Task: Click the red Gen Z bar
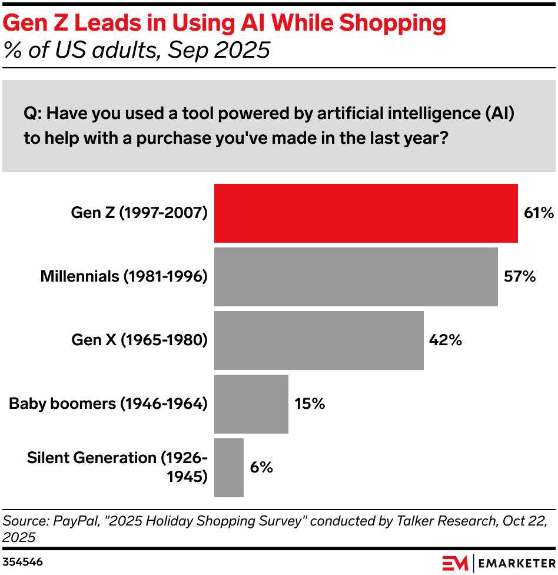pos(366,213)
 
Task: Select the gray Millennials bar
pos(356,277)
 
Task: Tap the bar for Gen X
pos(318,341)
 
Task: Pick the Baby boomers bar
pos(251,404)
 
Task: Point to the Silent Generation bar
pos(228,468)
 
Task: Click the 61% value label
pos(539,213)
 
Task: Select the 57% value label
pos(519,277)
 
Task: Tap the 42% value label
pos(446,341)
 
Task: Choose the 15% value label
pos(310,404)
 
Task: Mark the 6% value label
pos(261,468)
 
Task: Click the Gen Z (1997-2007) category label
pos(139,213)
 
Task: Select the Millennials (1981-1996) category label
pos(124,277)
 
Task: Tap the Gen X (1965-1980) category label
pos(139,341)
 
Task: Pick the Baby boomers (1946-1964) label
pos(108,404)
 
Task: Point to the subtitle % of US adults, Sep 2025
pos(137,51)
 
